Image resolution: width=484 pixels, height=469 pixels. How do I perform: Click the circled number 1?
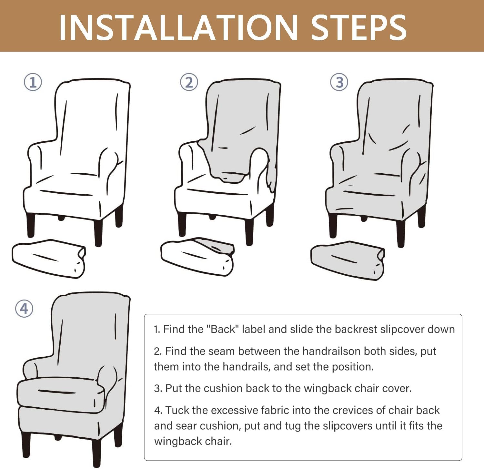coord(33,82)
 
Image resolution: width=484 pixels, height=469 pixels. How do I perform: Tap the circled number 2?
coord(189,82)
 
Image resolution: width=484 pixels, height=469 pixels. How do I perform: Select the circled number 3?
coord(339,82)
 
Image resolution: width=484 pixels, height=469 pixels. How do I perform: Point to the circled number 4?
coord(24,309)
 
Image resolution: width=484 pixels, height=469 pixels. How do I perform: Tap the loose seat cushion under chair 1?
coord(49,259)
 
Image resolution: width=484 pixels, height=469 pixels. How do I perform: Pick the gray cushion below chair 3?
coord(348,260)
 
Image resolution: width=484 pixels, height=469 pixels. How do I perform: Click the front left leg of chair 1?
coord(31,225)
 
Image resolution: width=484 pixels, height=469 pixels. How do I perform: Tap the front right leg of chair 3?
coord(401,234)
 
